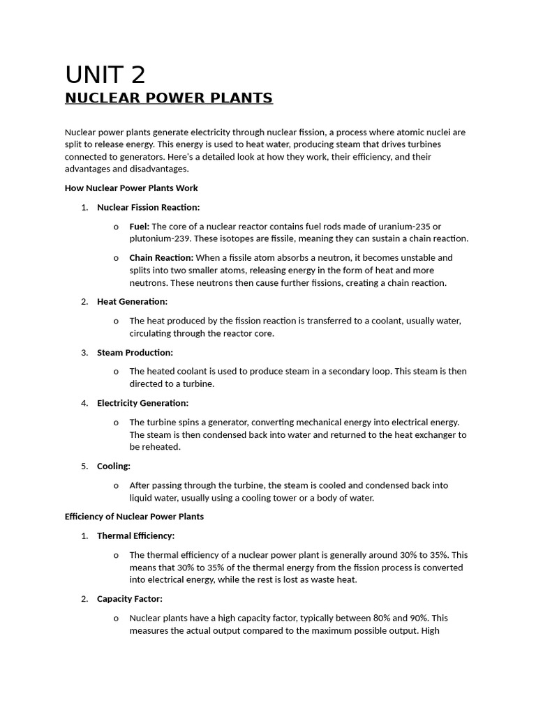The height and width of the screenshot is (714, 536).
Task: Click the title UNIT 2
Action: (x=105, y=75)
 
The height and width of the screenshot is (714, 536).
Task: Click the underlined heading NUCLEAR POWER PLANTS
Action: (x=168, y=98)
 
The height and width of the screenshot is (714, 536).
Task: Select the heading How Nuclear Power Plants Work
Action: (x=131, y=188)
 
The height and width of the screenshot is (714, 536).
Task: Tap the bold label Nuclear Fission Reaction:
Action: (x=148, y=207)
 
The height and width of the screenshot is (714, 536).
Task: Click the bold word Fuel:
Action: (x=140, y=226)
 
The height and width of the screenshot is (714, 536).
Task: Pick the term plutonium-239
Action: (x=159, y=238)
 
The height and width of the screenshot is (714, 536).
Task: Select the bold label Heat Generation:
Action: (x=132, y=301)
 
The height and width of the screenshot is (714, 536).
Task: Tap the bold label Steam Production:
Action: (x=135, y=352)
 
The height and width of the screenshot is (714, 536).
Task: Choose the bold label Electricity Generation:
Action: (x=142, y=403)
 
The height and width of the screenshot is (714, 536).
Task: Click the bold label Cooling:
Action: (x=114, y=466)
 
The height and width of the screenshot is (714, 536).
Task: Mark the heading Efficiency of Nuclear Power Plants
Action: (x=134, y=517)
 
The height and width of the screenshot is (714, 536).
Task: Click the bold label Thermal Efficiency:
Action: (x=135, y=535)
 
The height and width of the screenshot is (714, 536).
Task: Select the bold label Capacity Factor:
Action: (x=130, y=598)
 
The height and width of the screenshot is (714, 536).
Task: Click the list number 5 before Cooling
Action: (x=84, y=466)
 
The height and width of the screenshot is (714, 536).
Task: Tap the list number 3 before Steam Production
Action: (x=84, y=352)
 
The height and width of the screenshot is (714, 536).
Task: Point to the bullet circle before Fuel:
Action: (x=115, y=227)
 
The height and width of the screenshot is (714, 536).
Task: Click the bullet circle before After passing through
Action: (x=115, y=485)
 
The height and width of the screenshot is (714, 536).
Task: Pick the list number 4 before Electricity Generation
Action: (x=84, y=403)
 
